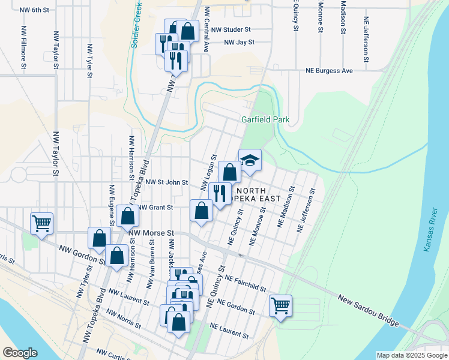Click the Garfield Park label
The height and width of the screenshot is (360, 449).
[265, 119]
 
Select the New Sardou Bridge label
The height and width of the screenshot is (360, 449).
[369, 311]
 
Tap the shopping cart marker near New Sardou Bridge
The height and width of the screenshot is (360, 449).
[280, 305]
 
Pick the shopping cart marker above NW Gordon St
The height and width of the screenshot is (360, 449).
[41, 224]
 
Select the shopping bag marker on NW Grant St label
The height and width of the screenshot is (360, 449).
[127, 215]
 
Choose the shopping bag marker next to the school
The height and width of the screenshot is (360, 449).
[229, 173]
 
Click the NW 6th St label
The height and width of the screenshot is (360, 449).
[34, 10]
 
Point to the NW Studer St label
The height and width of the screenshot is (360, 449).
[231, 29]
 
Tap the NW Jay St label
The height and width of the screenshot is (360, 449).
[240, 42]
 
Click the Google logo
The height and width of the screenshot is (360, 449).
[20, 352]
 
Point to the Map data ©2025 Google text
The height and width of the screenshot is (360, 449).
[411, 355]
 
